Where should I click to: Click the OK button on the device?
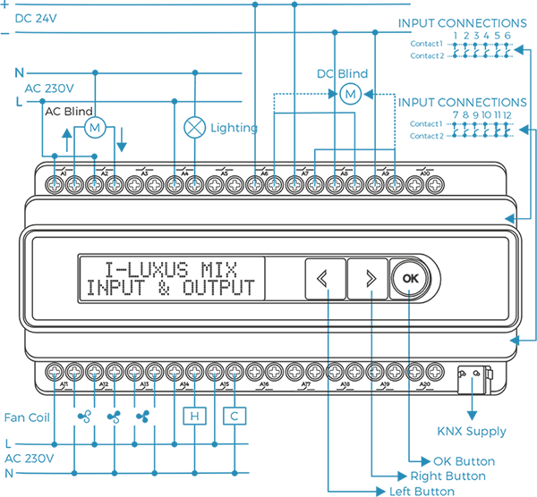click(410, 278)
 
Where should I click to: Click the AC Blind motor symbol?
click(95, 128)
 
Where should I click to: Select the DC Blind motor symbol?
click(351, 93)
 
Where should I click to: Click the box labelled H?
click(194, 416)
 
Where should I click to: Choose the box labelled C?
click(234, 416)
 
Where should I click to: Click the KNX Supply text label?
click(472, 432)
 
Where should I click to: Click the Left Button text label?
click(421, 491)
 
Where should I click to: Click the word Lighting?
click(234, 128)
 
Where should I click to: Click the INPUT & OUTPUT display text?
click(169, 289)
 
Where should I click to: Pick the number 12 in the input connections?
click(507, 115)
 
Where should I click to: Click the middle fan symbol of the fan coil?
click(114, 416)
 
